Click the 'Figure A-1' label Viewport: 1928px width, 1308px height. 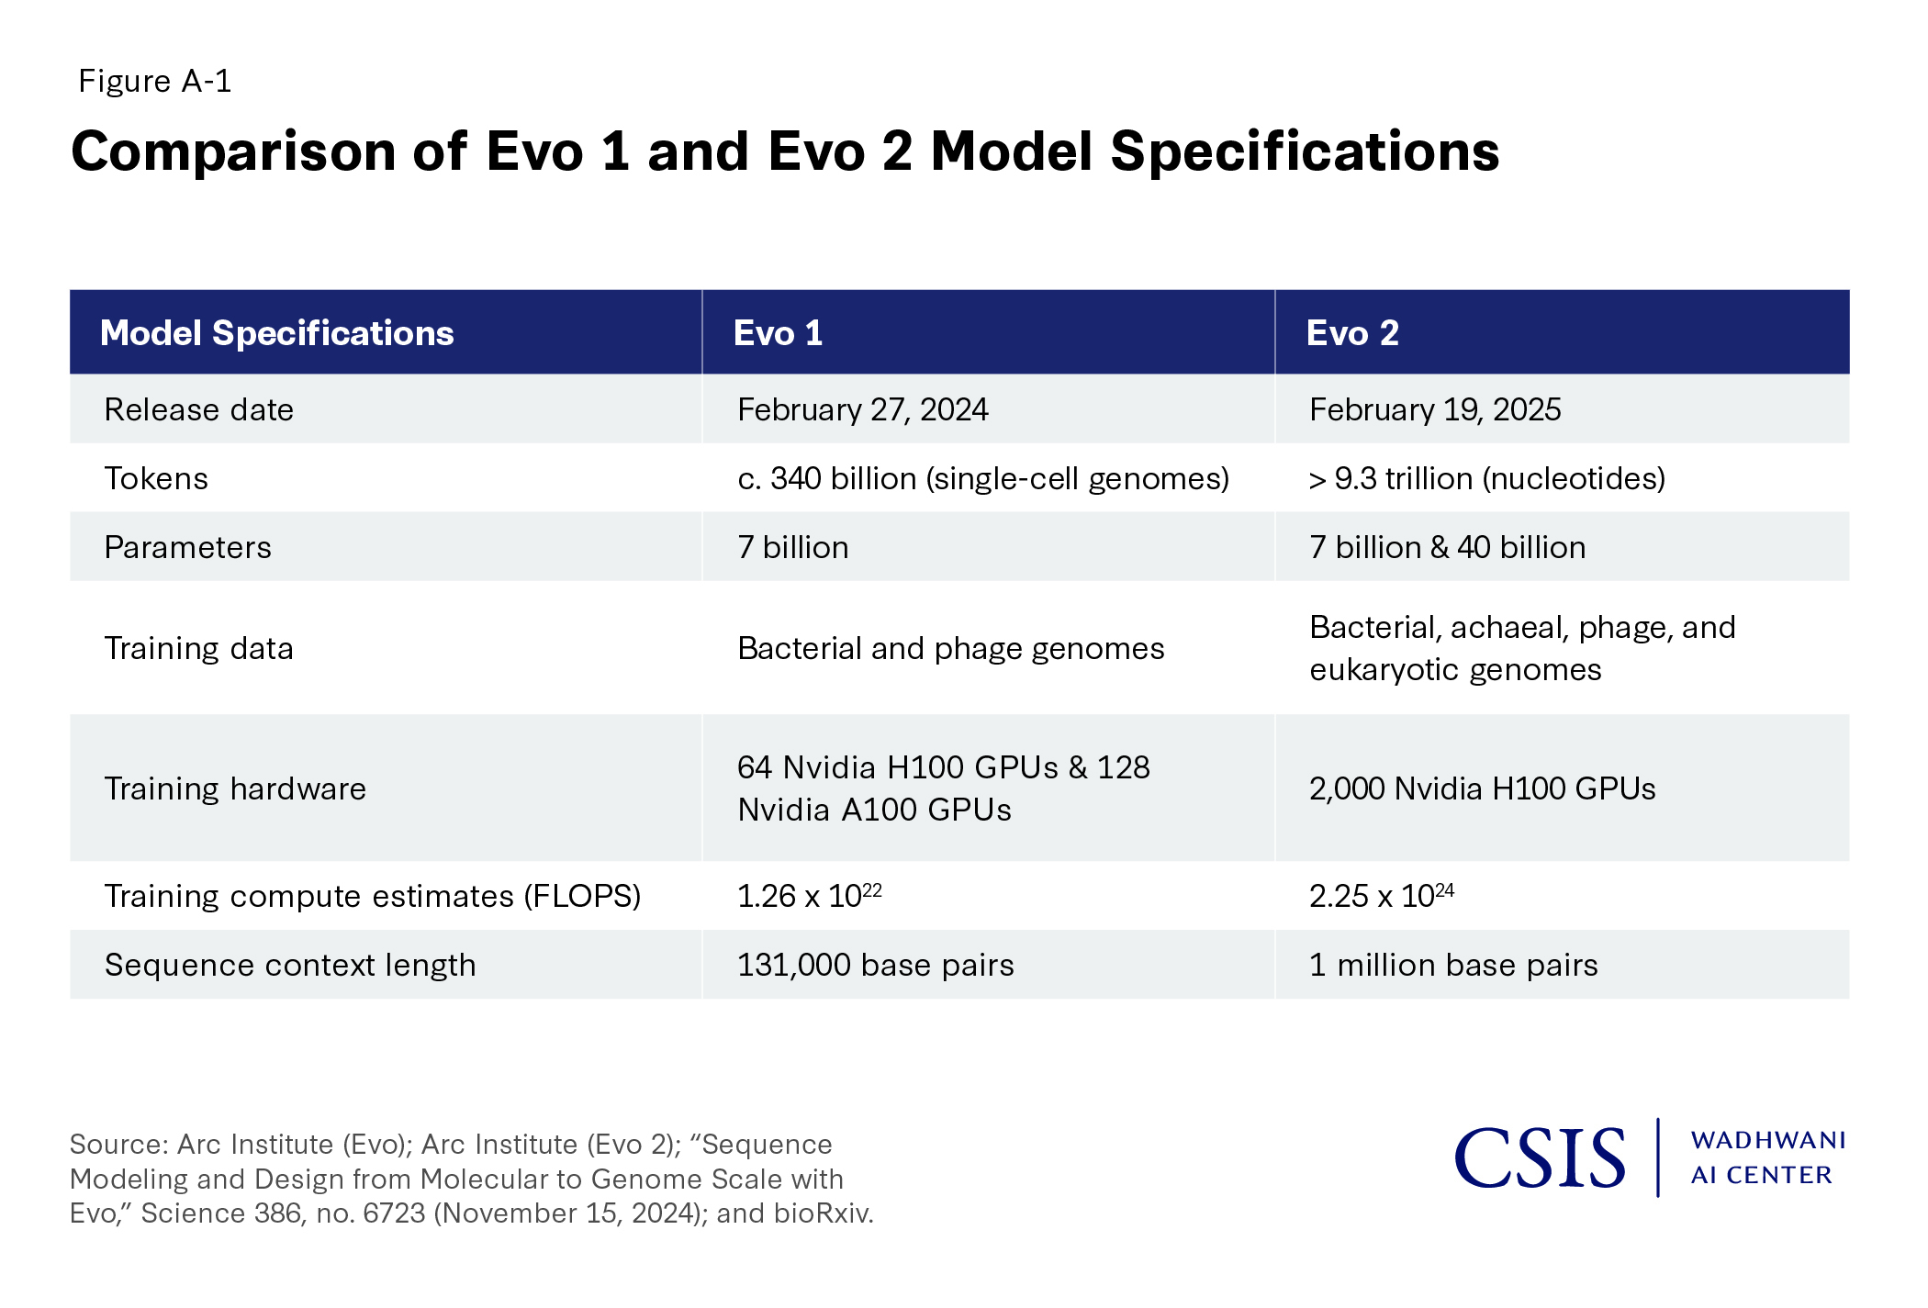pos(154,82)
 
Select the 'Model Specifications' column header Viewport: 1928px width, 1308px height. pos(276,333)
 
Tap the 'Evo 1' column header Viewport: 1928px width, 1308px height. pos(778,333)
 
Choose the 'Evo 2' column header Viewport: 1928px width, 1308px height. pos(1352,333)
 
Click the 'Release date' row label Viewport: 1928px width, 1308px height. pos(198,409)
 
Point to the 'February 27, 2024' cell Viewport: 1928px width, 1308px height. pos(862,409)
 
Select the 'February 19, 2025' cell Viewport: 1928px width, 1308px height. pos(1435,409)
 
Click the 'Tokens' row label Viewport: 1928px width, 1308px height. pos(156,478)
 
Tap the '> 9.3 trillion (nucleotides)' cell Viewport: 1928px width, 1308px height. pos(1486,478)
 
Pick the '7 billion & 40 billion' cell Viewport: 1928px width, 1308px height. pos(1447,547)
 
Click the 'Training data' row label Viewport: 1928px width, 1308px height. pos(198,648)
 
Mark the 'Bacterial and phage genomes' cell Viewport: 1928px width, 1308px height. pos(950,648)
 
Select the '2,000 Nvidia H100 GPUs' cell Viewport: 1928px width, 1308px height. pos(1482,788)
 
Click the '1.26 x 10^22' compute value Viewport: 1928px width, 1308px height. pos(809,896)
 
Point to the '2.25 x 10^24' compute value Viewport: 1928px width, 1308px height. pos(1381,896)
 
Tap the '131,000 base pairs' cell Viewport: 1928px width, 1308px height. pos(875,965)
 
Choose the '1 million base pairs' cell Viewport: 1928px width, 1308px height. pos(1453,965)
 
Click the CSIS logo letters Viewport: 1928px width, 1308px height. pos(1540,1158)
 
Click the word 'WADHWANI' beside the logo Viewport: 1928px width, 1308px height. pos(1767,1140)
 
